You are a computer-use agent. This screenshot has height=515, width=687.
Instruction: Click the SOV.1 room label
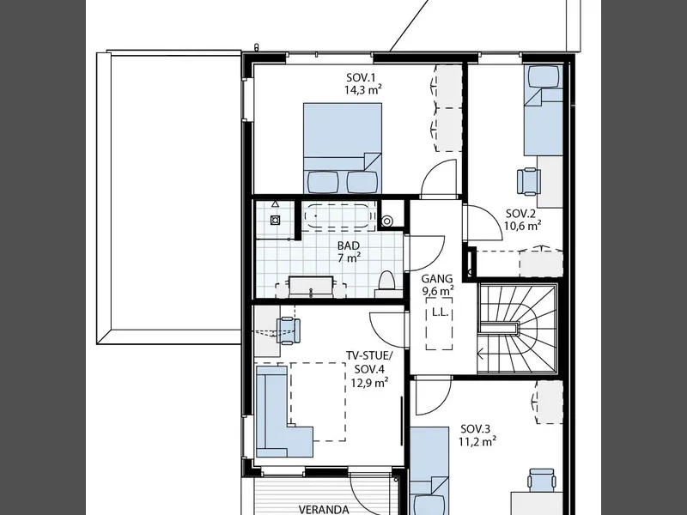click(x=361, y=78)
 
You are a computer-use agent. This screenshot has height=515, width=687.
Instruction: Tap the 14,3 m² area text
click(x=362, y=90)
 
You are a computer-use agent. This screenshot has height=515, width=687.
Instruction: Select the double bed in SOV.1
click(x=342, y=148)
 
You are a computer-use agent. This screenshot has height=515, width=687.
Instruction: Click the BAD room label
click(x=349, y=245)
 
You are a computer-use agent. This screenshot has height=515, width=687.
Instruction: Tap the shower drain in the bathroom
click(x=275, y=220)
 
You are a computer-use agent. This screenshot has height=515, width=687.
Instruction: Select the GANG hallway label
click(x=437, y=278)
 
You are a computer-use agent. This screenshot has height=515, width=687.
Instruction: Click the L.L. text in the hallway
click(x=439, y=312)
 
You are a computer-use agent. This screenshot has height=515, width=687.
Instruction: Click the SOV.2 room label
click(x=520, y=214)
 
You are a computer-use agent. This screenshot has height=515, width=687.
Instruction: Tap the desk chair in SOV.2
click(x=529, y=181)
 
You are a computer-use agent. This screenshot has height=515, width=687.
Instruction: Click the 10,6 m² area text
click(x=522, y=226)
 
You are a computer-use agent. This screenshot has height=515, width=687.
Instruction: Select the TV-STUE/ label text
click(x=370, y=355)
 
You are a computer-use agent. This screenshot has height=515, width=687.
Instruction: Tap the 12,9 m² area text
click(x=370, y=383)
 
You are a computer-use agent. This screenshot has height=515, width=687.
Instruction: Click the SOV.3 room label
click(x=476, y=428)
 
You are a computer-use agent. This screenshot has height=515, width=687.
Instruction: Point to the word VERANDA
click(x=324, y=509)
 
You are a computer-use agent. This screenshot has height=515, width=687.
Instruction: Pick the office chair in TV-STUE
click(x=288, y=330)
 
